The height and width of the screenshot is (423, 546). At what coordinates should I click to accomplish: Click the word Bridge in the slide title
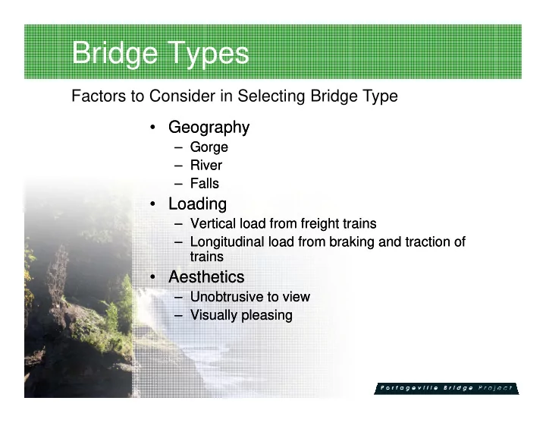[x=115, y=53]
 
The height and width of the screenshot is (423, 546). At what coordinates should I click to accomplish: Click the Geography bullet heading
[x=209, y=128]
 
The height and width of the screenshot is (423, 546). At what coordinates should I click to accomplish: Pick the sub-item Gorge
[x=209, y=147]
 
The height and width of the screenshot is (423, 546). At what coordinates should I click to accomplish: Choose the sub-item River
[x=206, y=166]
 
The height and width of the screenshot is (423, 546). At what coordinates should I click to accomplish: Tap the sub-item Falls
[x=205, y=184]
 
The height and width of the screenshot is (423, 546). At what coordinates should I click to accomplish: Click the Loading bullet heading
[x=197, y=204]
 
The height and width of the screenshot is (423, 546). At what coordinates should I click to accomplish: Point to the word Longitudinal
[x=227, y=242]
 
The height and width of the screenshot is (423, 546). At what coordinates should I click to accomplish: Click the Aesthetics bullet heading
[x=206, y=277]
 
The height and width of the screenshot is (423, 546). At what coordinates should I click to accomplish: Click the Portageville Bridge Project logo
[x=447, y=389]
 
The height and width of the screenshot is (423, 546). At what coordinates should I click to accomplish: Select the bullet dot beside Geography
[x=152, y=128]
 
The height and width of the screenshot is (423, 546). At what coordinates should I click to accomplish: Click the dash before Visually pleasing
[x=178, y=316]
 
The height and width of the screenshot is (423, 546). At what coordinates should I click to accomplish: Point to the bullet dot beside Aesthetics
[x=152, y=277]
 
